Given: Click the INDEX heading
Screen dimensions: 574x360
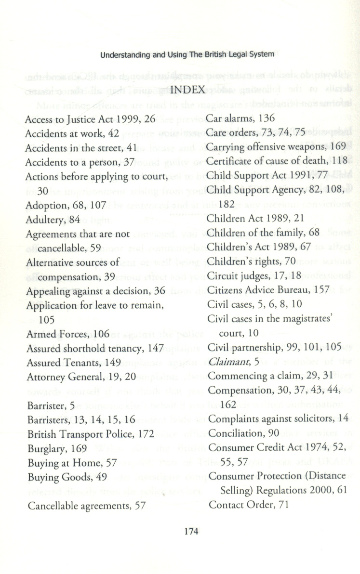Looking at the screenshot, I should pos(188,103).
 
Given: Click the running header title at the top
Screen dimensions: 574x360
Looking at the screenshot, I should pos(187,54).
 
